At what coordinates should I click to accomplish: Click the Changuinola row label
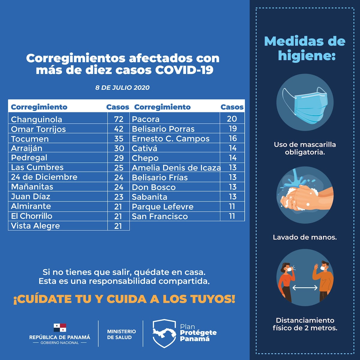tap(37, 119)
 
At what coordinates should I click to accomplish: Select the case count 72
tap(119, 119)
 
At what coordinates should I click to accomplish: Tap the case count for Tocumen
tap(119, 139)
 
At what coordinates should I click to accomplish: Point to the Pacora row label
tap(146, 119)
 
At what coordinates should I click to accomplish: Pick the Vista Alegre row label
tap(35, 226)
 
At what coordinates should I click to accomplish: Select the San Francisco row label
tap(160, 216)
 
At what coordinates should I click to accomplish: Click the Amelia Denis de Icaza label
tap(176, 168)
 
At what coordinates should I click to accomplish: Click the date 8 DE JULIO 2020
tap(122, 88)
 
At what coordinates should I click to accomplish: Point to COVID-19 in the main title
tap(184, 70)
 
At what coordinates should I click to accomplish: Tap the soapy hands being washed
tap(303, 196)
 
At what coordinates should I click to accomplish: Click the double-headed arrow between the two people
tap(305, 288)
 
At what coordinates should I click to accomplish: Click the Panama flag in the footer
tap(60, 328)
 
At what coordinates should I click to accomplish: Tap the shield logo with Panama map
tap(164, 333)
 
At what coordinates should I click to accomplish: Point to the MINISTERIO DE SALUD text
tap(121, 334)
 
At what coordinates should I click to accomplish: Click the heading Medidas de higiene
tap(305, 48)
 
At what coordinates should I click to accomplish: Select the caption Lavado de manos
tap(305, 237)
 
